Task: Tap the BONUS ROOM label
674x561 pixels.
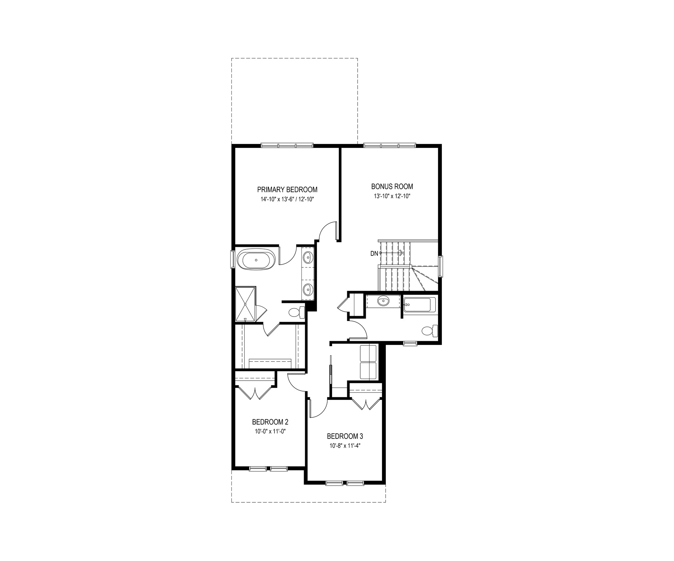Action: coord(392,186)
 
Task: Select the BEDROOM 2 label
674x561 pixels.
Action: coord(270,422)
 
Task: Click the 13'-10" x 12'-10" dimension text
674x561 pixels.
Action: coord(392,196)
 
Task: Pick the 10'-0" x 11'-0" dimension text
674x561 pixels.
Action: coord(270,431)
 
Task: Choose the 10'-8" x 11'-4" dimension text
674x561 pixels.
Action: coord(345,446)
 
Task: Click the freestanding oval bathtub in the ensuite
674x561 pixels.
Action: coord(257,260)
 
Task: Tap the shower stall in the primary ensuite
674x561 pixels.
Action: coord(246,304)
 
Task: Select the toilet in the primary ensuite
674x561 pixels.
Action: coord(296,312)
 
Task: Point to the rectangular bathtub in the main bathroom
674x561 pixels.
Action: coord(420,304)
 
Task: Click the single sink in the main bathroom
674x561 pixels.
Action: coord(384,302)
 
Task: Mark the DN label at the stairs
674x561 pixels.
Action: coord(374,254)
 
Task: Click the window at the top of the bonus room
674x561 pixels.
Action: coord(390,145)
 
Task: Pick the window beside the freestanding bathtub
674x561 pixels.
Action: coord(232,259)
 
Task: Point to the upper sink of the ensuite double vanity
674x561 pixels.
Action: coord(308,258)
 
